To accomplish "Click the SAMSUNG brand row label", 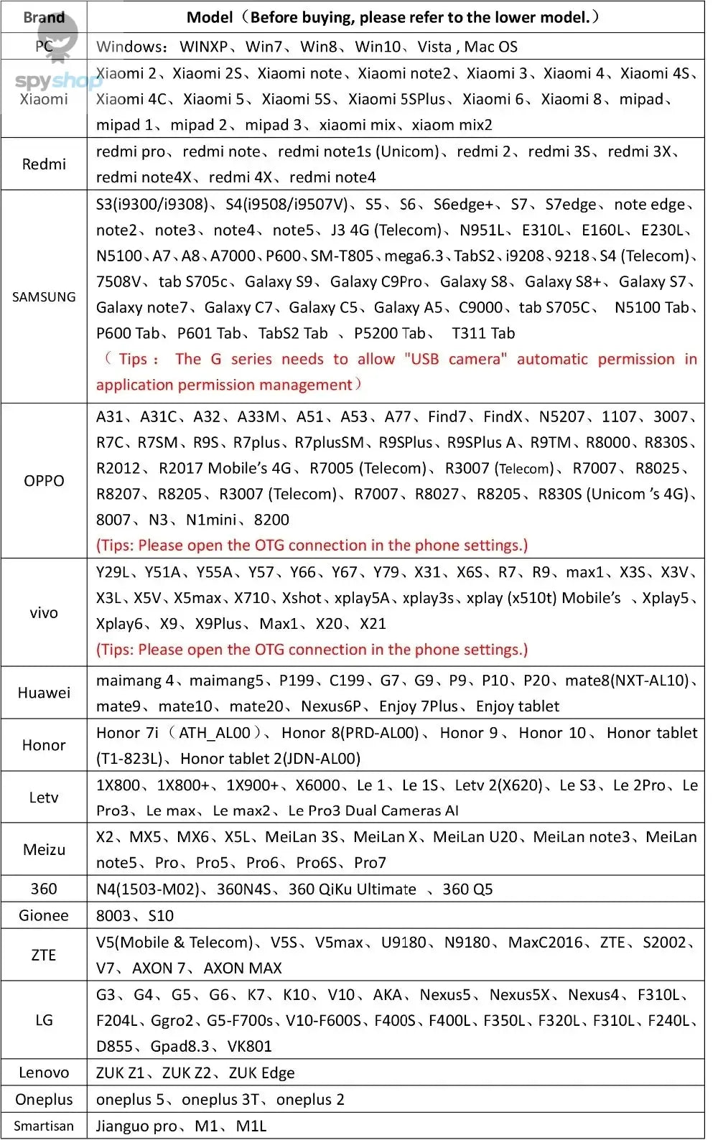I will pos(44,296).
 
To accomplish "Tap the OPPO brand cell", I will pos(44,480).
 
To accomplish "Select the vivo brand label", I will pos(44,612).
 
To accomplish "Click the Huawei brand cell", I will pos(44,693).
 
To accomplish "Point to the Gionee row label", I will pos(44,915).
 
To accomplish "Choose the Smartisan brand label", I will pos(44,1126).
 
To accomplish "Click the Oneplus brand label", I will pos(44,1099).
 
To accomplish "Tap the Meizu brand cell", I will pos(44,849).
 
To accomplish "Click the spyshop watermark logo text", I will pos(57,80).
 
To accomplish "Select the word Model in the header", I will pos(210,17).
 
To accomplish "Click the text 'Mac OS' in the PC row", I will pos(490,47).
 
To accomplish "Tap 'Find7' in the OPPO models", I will pos(447,416).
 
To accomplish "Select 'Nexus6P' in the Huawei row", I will pos(331,706).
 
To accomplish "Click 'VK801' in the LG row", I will pos(249,1046).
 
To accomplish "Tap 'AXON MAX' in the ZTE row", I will pos(243,968).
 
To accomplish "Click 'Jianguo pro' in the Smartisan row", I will pos(136,1126).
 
